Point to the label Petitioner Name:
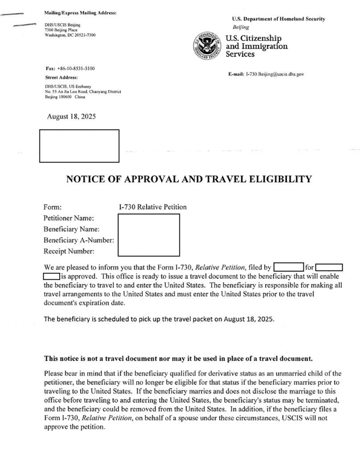click(x=69, y=218)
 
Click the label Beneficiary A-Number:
click(x=79, y=240)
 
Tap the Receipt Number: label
click(x=69, y=252)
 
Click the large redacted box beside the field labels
click(x=149, y=235)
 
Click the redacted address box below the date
click(x=80, y=146)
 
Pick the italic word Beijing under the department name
click(x=241, y=27)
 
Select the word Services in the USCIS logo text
click(x=241, y=54)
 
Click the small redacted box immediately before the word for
click(x=288, y=268)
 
